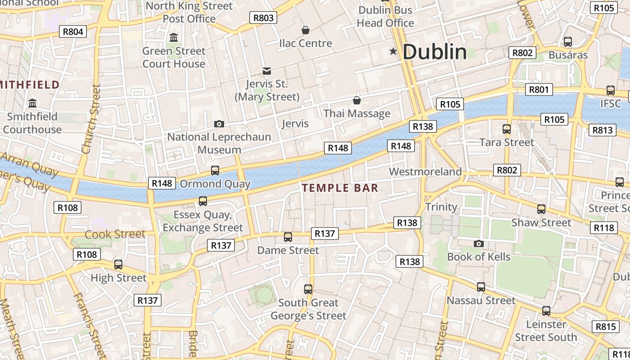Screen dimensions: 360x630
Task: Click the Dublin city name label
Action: click(x=435, y=52)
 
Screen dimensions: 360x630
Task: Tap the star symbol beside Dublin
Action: click(x=393, y=52)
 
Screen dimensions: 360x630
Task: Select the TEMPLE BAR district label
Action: click(x=340, y=188)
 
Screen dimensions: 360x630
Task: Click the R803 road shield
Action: click(x=263, y=18)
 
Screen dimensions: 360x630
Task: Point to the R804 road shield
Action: click(x=73, y=31)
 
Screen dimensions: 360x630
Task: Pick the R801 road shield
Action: click(x=539, y=90)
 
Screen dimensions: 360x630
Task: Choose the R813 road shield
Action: click(x=603, y=130)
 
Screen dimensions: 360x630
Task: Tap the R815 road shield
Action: click(x=605, y=327)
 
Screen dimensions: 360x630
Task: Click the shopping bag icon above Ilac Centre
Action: click(x=306, y=30)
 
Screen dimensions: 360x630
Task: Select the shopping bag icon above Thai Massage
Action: click(x=357, y=100)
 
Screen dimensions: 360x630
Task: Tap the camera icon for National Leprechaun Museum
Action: click(x=219, y=124)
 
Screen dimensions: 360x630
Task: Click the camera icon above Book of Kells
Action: click(x=478, y=244)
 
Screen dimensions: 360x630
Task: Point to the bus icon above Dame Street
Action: click(x=288, y=237)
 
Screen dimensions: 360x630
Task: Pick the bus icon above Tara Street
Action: click(x=507, y=129)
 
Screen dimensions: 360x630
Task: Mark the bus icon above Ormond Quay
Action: click(x=215, y=170)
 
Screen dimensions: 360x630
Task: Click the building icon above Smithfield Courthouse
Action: click(x=32, y=103)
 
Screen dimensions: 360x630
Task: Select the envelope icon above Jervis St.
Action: click(x=267, y=71)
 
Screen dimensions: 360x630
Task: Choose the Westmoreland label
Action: click(x=425, y=171)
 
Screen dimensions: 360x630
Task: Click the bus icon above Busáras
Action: click(x=568, y=42)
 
